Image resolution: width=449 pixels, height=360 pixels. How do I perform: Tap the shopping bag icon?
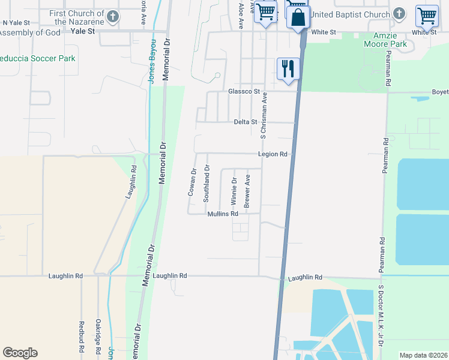tap(298, 18)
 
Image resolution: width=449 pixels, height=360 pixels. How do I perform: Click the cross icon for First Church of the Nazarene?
tap(112, 14)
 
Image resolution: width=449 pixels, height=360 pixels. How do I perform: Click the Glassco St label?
tap(244, 92)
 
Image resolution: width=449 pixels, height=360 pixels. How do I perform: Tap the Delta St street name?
tap(245, 122)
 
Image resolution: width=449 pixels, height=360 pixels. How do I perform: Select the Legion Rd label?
tap(273, 154)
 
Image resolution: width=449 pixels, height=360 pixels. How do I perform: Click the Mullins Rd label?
tap(223, 214)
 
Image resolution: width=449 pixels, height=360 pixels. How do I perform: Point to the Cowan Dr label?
tap(193, 183)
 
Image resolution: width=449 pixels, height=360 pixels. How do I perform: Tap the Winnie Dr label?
tap(234, 188)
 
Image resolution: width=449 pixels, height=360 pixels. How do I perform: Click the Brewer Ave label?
tap(247, 188)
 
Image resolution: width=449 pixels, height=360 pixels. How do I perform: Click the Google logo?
tap(20, 353)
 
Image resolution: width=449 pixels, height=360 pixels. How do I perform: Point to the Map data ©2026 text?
tap(423, 355)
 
